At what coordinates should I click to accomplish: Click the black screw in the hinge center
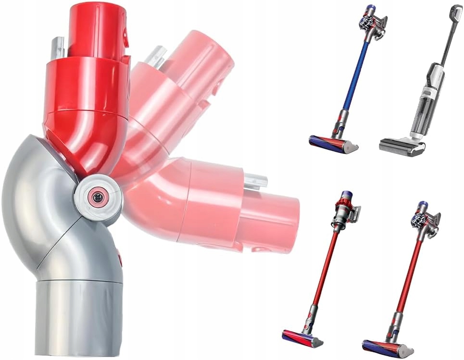click(x=98, y=197)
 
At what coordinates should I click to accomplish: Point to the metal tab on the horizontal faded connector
click(x=255, y=181)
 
